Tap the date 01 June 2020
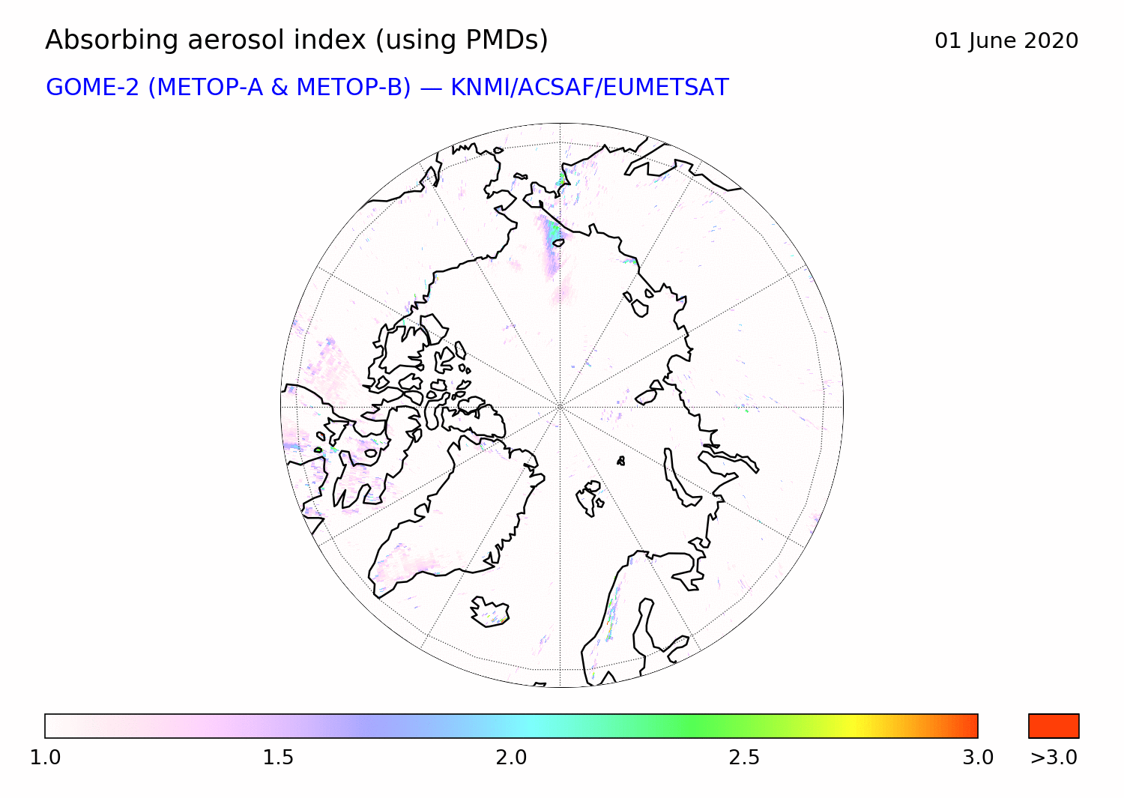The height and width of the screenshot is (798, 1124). coord(1006,41)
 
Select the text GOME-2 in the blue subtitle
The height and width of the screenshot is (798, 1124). coord(92,88)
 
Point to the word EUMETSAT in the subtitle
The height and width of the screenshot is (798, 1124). coord(666,88)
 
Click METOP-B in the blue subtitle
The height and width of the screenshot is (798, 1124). coord(354,88)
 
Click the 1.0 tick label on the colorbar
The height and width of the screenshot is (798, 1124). coord(45,758)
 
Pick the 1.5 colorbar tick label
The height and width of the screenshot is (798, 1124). coord(278,758)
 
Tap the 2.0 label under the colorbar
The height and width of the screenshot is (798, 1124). coord(511,758)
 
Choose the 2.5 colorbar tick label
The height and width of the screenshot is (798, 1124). coord(744,758)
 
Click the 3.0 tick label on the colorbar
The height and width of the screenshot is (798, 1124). coord(977,758)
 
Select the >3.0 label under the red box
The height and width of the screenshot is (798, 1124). coord(1054,758)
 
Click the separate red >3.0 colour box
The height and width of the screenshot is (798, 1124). coord(1054,726)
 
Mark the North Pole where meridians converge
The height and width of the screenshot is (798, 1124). coord(560,407)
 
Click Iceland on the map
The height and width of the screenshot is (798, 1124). coord(489,611)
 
